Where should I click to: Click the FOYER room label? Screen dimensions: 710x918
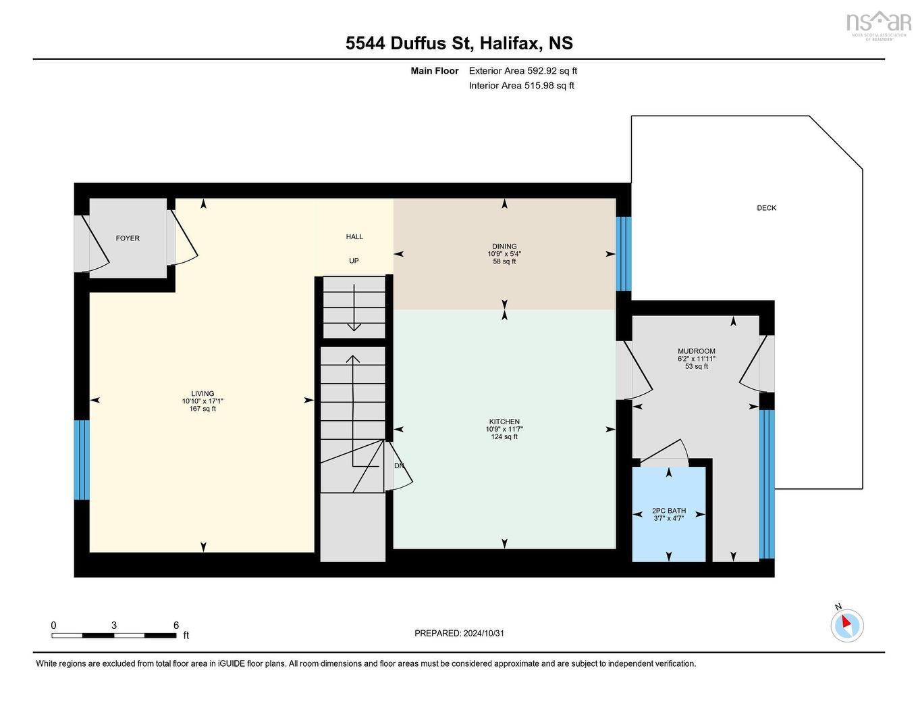click(128, 238)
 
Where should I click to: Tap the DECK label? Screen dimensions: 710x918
click(766, 208)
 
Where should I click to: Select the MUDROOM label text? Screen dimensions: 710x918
click(696, 351)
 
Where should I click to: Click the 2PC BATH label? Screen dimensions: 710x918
click(668, 511)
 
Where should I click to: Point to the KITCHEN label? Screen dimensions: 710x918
click(504, 422)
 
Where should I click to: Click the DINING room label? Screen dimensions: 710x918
click(504, 247)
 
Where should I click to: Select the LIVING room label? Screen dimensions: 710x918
click(202, 393)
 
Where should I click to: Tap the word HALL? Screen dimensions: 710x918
click(354, 236)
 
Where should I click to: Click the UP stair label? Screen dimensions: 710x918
click(354, 261)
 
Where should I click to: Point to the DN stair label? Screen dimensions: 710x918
click(399, 465)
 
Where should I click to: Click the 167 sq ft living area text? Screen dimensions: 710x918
click(202, 409)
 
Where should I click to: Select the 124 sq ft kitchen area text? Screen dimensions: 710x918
click(504, 437)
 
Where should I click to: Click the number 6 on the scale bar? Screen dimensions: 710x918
click(176, 626)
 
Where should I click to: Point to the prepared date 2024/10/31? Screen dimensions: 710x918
click(483, 634)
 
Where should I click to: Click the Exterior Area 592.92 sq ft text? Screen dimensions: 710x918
click(522, 71)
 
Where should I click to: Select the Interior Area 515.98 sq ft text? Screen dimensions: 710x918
click(521, 86)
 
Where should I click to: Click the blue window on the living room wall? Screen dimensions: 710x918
click(82, 459)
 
